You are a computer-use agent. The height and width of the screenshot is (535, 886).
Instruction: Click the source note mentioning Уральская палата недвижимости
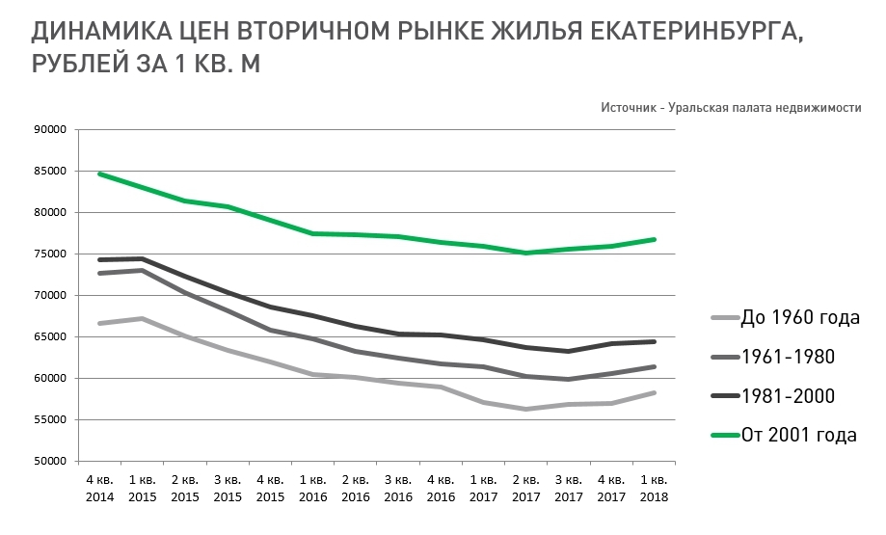[x=730, y=107]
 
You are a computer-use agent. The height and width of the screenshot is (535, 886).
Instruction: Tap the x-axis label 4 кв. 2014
[x=100, y=489]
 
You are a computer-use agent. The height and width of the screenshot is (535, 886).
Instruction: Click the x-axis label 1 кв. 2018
[x=653, y=489]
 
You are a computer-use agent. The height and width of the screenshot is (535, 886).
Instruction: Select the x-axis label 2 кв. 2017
[x=525, y=489]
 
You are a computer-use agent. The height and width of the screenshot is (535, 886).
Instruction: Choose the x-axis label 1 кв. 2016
[x=312, y=489]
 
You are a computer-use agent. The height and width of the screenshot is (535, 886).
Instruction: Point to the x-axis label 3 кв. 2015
[x=228, y=489]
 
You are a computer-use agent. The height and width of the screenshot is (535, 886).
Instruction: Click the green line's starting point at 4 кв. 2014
[x=100, y=174]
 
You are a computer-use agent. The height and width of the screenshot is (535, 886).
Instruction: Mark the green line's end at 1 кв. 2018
[x=653, y=239]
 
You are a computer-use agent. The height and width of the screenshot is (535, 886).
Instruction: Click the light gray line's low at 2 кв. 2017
[x=525, y=409]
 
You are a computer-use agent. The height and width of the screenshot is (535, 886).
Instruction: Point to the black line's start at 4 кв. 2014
[x=100, y=259]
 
